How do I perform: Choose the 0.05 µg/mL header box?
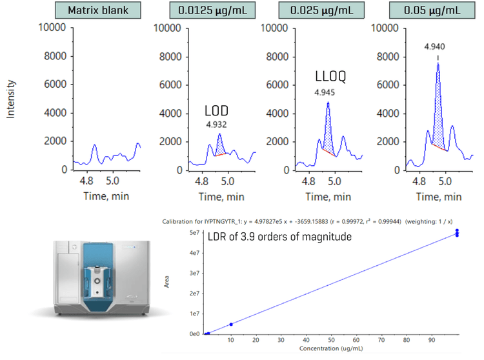428,12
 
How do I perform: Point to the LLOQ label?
327,77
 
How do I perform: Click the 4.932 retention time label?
217,124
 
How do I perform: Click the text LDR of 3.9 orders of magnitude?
280,236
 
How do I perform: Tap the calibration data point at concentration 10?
230,324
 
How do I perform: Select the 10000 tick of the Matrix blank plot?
52,28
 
